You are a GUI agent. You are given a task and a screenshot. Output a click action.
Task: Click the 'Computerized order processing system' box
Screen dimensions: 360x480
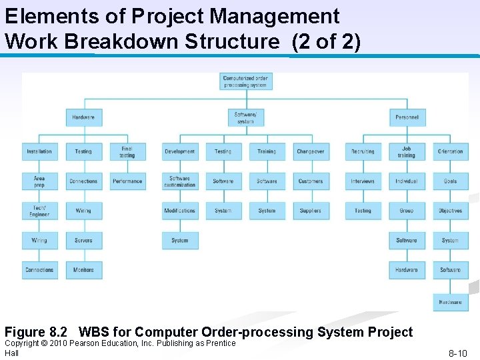(x=245, y=82)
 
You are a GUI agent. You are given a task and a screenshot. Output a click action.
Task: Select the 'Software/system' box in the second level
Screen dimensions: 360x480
(x=245, y=117)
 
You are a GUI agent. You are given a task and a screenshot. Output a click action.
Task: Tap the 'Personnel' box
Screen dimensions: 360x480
(x=407, y=117)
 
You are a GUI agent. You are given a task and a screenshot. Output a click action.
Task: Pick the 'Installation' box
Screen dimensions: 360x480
(x=39, y=152)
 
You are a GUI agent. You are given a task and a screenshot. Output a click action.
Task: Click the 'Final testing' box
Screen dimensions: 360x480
(x=127, y=152)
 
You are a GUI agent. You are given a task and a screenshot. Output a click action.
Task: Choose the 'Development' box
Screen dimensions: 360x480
(x=180, y=152)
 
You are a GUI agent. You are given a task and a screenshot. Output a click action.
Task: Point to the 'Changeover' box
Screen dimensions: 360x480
(x=311, y=152)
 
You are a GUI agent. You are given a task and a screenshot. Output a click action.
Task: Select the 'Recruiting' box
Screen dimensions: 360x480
(x=363, y=152)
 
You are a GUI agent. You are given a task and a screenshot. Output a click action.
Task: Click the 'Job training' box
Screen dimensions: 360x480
(x=407, y=152)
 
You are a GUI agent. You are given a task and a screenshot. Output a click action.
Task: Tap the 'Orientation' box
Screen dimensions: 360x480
(x=451, y=152)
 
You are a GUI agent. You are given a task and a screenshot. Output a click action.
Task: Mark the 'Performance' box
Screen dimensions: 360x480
(x=127, y=181)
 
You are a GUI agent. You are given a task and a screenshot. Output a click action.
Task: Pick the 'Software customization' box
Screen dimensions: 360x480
(x=180, y=181)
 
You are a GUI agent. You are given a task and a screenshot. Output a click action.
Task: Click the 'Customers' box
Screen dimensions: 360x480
(x=311, y=181)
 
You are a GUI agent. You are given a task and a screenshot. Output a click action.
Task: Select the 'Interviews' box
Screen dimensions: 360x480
(x=363, y=181)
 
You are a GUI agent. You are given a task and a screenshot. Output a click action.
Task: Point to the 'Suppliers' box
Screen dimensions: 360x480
(x=311, y=211)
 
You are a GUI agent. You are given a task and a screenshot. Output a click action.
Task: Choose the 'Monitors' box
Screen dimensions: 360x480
(x=83, y=270)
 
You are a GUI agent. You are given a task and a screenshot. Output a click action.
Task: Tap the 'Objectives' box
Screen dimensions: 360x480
(x=451, y=211)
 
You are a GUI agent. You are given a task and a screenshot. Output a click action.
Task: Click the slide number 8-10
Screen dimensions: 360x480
(x=457, y=353)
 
